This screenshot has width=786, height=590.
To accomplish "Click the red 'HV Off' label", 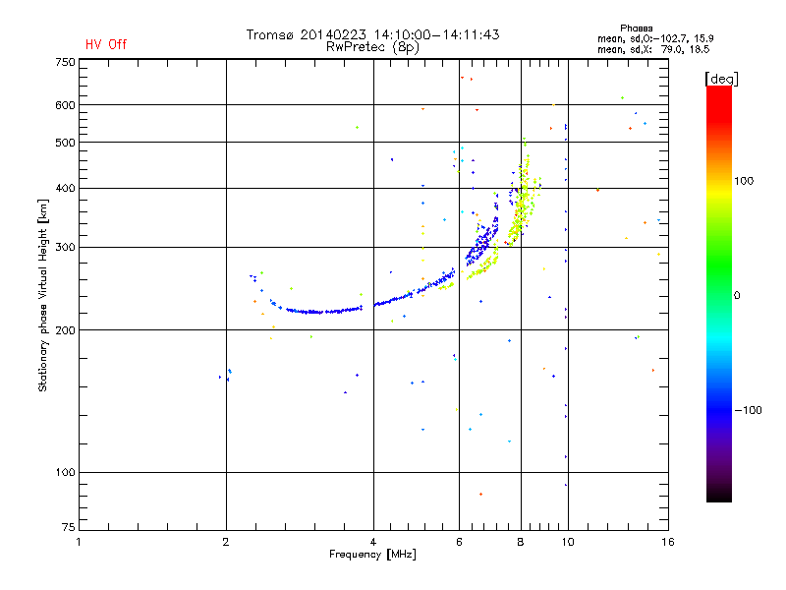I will (x=105, y=44).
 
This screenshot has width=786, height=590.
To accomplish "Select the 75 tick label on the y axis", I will (x=66, y=531).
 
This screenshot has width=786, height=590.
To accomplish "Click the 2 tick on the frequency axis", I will (x=226, y=542).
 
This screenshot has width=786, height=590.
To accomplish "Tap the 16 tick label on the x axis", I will (x=666, y=542).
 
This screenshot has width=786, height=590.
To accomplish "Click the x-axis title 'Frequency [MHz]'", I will (x=373, y=556).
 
